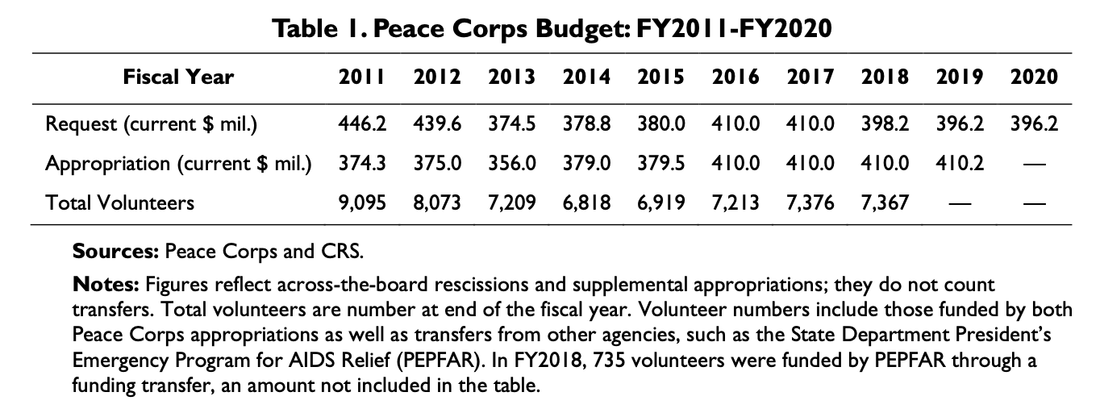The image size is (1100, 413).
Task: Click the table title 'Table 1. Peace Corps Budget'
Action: tap(552, 30)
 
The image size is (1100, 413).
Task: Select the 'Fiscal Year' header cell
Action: tap(178, 77)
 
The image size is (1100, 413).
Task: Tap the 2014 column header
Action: tap(586, 77)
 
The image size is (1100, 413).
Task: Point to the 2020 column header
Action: tap(1033, 77)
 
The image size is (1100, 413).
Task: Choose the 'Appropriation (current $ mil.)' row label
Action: tap(178, 163)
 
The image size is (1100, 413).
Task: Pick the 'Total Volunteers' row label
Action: tap(120, 202)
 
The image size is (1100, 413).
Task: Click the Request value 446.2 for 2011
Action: tap(362, 125)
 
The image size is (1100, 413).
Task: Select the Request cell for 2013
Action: tap(511, 125)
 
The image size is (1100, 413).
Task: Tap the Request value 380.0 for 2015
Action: tap(661, 125)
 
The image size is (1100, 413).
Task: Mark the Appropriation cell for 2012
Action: tap(437, 163)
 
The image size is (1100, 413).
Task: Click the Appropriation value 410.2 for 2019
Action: tap(960, 163)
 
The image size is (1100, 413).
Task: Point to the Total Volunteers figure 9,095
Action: tap(362, 202)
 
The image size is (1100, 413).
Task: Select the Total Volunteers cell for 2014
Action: tap(586, 202)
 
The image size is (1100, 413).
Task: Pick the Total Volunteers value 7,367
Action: tap(885, 202)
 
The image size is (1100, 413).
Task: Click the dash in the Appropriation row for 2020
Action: tap(1034, 164)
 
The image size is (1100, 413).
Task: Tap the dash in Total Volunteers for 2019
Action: tap(960, 202)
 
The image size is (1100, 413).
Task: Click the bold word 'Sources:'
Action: tap(116, 251)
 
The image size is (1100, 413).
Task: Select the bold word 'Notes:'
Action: tap(106, 285)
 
